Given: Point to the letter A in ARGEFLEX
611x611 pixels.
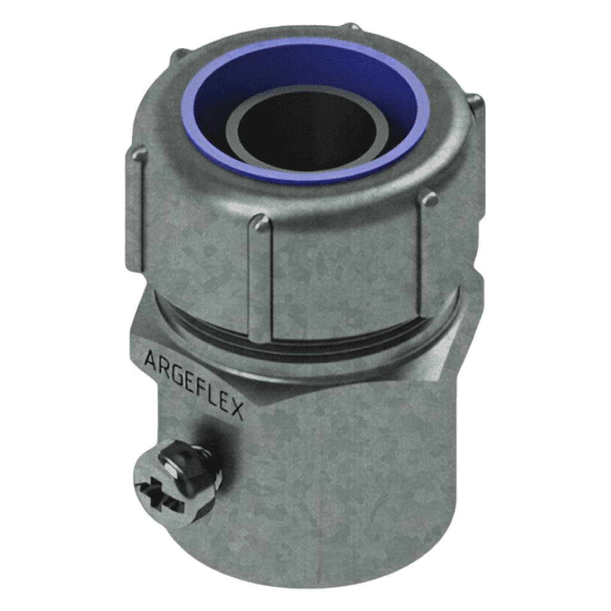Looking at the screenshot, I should click(149, 359).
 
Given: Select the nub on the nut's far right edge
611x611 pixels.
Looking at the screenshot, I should click(477, 107).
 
